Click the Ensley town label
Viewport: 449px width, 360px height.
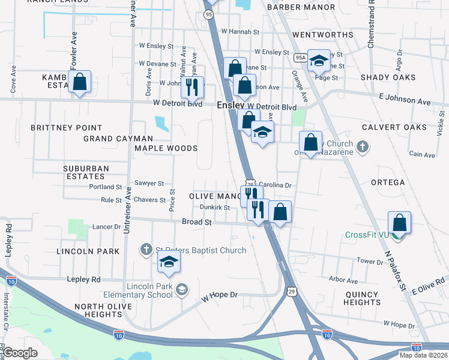click(x=226, y=105)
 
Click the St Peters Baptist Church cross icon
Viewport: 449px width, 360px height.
click(x=146, y=249)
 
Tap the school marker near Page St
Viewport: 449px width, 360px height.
click(x=319, y=60)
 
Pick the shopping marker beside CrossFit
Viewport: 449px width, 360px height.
click(x=400, y=222)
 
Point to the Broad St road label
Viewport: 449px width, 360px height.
click(x=197, y=222)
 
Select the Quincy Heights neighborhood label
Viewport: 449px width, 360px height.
click(x=363, y=298)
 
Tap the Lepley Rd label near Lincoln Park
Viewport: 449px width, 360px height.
click(x=83, y=280)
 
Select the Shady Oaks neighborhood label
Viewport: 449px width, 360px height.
click(x=388, y=77)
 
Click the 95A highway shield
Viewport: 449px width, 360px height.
click(x=301, y=58)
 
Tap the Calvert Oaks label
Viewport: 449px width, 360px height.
click(x=394, y=127)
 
